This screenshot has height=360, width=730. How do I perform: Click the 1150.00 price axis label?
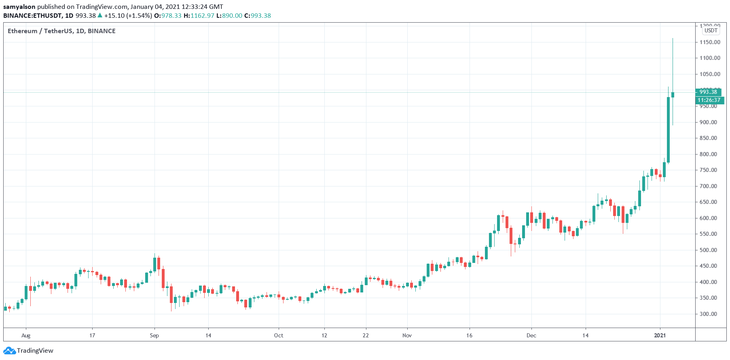710,42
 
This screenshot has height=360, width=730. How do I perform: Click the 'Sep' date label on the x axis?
154,335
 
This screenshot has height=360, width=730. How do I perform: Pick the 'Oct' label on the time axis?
279,335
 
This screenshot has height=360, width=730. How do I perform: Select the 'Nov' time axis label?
407,335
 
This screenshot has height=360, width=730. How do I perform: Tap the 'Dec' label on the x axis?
531,335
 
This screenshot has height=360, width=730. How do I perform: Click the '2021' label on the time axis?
660,335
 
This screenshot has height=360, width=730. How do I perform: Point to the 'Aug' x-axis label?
26,335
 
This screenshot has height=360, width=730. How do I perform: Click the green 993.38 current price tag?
708,92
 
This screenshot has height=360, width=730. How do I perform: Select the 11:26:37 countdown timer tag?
709,100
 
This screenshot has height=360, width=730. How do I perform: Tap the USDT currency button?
711,30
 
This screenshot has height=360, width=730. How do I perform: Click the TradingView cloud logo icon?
10,350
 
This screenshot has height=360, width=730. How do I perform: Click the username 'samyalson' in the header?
19,6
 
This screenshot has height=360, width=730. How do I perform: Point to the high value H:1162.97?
199,15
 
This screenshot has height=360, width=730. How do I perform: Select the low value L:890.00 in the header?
229,15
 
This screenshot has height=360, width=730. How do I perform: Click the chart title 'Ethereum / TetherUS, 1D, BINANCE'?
61,31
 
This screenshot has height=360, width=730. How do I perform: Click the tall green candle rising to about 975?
668,129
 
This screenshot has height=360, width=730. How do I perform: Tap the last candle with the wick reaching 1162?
673,95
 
